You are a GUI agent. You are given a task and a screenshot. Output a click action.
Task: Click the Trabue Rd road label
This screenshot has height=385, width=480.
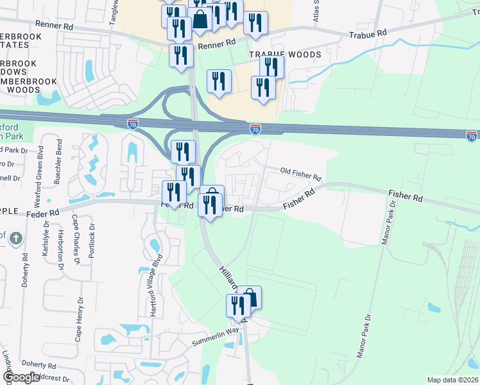click(x=368, y=33)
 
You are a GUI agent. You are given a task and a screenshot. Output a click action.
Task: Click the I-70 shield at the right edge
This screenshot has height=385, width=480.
click(x=472, y=135)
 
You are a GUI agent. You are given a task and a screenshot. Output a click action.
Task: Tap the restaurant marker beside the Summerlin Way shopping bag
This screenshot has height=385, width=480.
click(x=237, y=305)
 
